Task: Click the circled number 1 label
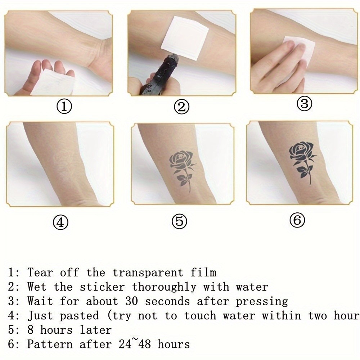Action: click(x=64, y=107)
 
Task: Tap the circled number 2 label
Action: click(x=181, y=107)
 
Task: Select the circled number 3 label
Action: click(x=305, y=103)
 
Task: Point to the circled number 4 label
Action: click(x=60, y=222)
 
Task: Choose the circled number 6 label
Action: click(x=297, y=220)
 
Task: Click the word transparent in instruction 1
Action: click(x=148, y=273)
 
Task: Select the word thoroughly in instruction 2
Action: click(x=164, y=287)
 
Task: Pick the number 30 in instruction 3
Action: click(x=131, y=301)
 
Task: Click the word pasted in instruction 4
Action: click(x=79, y=316)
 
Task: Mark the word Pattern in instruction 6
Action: click(x=50, y=344)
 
